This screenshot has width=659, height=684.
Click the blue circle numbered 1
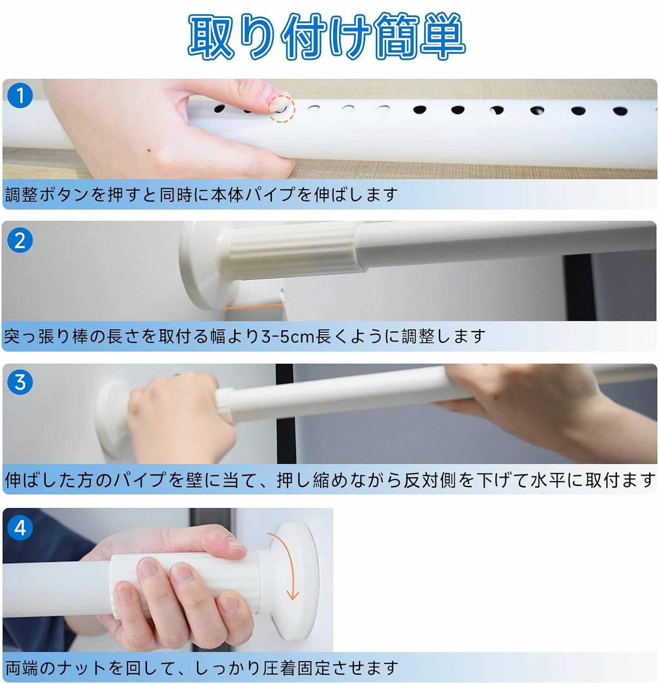[20, 95]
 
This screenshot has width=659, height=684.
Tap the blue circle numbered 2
[20, 240]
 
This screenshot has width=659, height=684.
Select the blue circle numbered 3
[20, 382]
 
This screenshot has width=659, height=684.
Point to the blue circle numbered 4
[20, 527]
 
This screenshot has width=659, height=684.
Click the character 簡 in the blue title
[396, 36]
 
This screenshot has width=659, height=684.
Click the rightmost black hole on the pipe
[620, 111]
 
